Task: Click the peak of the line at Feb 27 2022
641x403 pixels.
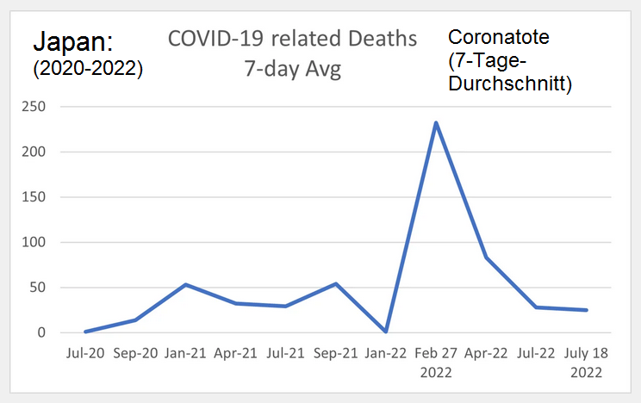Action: point(436,122)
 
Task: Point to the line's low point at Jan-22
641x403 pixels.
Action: point(386,332)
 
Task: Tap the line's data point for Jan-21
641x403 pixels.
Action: point(186,284)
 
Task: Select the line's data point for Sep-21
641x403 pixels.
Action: point(336,283)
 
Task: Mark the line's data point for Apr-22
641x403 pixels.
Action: point(487,257)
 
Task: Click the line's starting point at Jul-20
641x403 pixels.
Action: point(86,332)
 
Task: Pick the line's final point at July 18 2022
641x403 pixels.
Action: point(587,310)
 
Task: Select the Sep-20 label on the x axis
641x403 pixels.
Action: point(136,354)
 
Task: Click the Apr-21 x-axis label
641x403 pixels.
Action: point(236,354)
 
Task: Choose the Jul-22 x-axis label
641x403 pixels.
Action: point(537,354)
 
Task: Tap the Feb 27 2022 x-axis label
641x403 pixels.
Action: point(436,363)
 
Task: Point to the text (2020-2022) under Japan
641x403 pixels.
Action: point(87,69)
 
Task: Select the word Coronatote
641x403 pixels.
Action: point(499,37)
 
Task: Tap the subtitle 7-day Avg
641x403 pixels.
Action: point(293,69)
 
